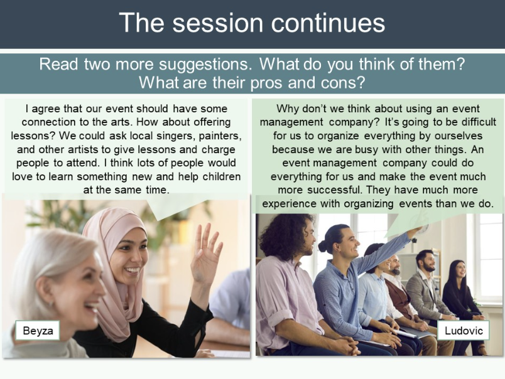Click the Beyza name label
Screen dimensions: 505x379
pyautogui.click(x=38, y=331)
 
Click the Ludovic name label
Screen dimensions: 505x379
pyautogui.click(x=464, y=331)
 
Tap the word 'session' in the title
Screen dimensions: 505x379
pyautogui.click(x=218, y=23)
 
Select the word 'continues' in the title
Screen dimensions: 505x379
pyautogui.click(x=328, y=23)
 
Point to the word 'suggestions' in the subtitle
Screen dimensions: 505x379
pyautogui.click(x=205, y=65)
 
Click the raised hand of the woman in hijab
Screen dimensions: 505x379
pyautogui.click(x=205, y=254)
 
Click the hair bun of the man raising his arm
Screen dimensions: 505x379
pyautogui.click(x=323, y=245)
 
